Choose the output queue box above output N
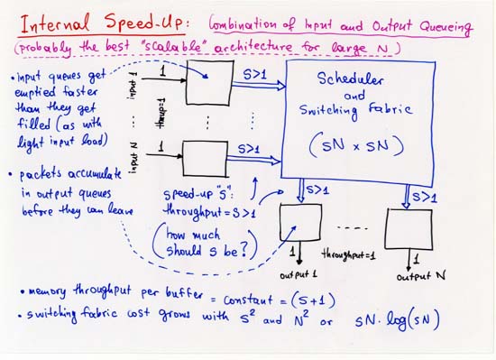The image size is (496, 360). point(414,228)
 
